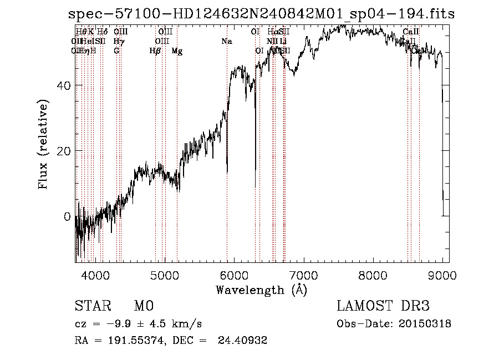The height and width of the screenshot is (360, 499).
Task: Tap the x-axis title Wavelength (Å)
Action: point(261,290)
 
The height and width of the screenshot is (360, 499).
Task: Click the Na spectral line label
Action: point(227,41)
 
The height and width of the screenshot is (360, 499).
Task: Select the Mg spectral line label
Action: point(177,51)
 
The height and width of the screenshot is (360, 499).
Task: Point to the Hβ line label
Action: point(155,51)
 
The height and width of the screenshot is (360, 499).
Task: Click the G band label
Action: point(116,51)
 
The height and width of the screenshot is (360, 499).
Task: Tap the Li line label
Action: point(283,41)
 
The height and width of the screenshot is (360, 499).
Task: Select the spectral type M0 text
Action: point(144,306)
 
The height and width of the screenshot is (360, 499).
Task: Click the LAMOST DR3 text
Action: point(383,306)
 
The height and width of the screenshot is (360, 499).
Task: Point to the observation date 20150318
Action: point(427,324)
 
